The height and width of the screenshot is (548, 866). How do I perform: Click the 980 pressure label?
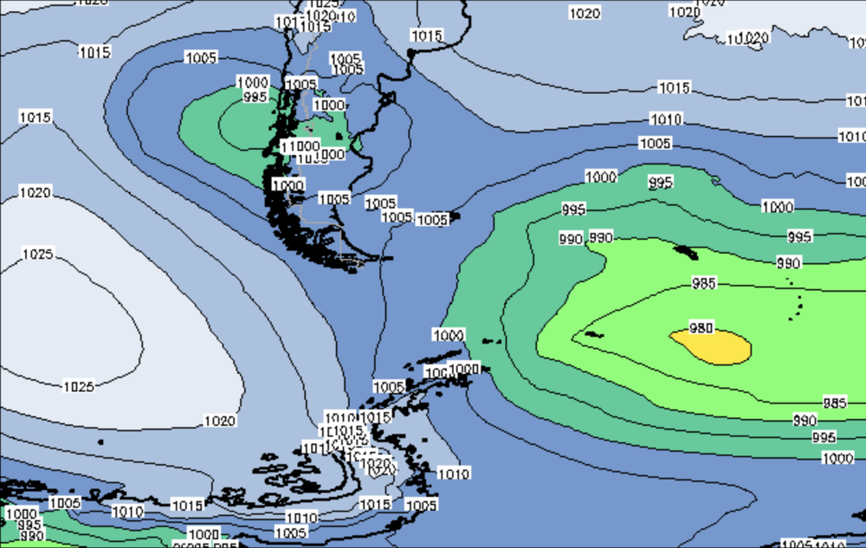(701, 327)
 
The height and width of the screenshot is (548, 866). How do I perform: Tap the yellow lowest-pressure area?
(719, 347)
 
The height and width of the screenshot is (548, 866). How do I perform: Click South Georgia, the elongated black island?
(686, 252)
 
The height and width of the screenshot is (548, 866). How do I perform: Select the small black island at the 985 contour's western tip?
(592, 333)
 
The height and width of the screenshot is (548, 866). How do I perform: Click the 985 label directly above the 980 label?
(703, 283)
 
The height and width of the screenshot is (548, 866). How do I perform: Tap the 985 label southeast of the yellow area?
(834, 403)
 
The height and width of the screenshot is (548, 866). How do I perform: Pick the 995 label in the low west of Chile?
(255, 97)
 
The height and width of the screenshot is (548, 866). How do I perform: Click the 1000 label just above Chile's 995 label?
(252, 82)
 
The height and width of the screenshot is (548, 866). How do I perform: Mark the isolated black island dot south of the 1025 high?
(100, 442)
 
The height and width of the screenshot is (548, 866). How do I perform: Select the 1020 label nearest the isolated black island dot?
(219, 421)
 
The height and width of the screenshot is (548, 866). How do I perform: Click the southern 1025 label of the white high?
(78, 386)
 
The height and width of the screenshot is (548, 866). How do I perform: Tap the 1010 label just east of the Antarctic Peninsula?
(453, 474)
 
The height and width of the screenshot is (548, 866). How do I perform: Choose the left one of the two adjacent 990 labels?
(570, 239)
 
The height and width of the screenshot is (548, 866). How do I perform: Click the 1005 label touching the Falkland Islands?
(433, 220)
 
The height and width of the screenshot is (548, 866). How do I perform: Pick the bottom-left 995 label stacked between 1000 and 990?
(29, 525)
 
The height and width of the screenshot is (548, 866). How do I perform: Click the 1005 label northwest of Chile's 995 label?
(201, 58)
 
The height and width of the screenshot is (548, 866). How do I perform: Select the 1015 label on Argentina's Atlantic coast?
(426, 36)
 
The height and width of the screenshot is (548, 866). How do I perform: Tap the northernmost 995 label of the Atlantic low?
(661, 183)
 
